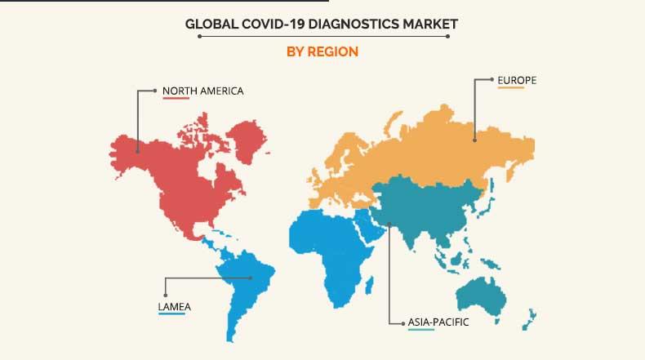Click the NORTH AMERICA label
(202, 90)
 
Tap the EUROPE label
(517, 80)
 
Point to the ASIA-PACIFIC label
(439, 322)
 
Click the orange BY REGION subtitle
(322, 51)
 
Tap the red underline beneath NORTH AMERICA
(176, 99)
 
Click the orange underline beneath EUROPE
(510, 89)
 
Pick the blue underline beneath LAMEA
(171, 315)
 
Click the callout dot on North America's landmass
(137, 149)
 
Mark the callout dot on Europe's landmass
(474, 139)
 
